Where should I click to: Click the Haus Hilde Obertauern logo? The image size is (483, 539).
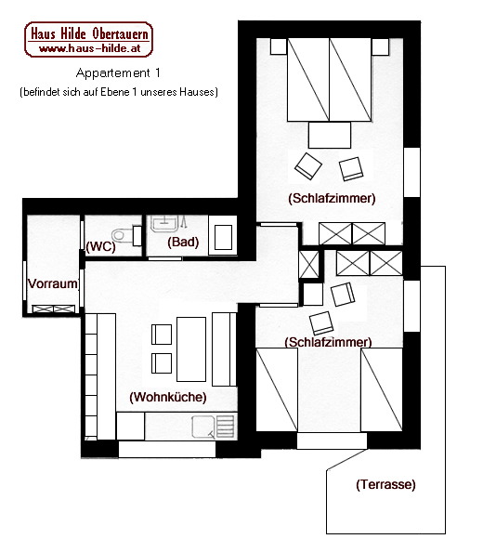[88, 39]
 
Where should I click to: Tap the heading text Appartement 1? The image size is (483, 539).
[118, 72]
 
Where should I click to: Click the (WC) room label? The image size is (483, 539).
[100, 246]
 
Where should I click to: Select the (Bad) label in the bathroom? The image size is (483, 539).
[183, 242]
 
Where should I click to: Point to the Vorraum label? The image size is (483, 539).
[53, 283]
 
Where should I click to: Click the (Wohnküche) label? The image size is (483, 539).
[168, 397]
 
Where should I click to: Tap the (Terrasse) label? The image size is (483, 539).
[385, 484]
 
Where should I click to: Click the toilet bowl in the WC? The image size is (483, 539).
[123, 235]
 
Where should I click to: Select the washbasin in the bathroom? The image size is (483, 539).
[164, 224]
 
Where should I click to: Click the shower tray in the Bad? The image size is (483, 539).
[223, 235]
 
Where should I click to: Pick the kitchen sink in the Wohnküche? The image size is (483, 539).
[214, 427]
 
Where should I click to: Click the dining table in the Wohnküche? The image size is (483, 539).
[191, 349]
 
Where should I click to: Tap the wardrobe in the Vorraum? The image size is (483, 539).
[54, 309]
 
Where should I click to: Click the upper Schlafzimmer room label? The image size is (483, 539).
[332, 198]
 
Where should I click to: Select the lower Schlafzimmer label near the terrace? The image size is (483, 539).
[328, 342]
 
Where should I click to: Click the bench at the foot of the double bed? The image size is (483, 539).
[330, 135]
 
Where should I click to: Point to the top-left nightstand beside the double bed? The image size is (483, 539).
[279, 46]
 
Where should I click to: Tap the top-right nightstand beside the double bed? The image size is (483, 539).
[380, 46]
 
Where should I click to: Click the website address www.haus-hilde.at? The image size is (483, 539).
[90, 48]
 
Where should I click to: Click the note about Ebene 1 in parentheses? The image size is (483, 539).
[119, 92]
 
